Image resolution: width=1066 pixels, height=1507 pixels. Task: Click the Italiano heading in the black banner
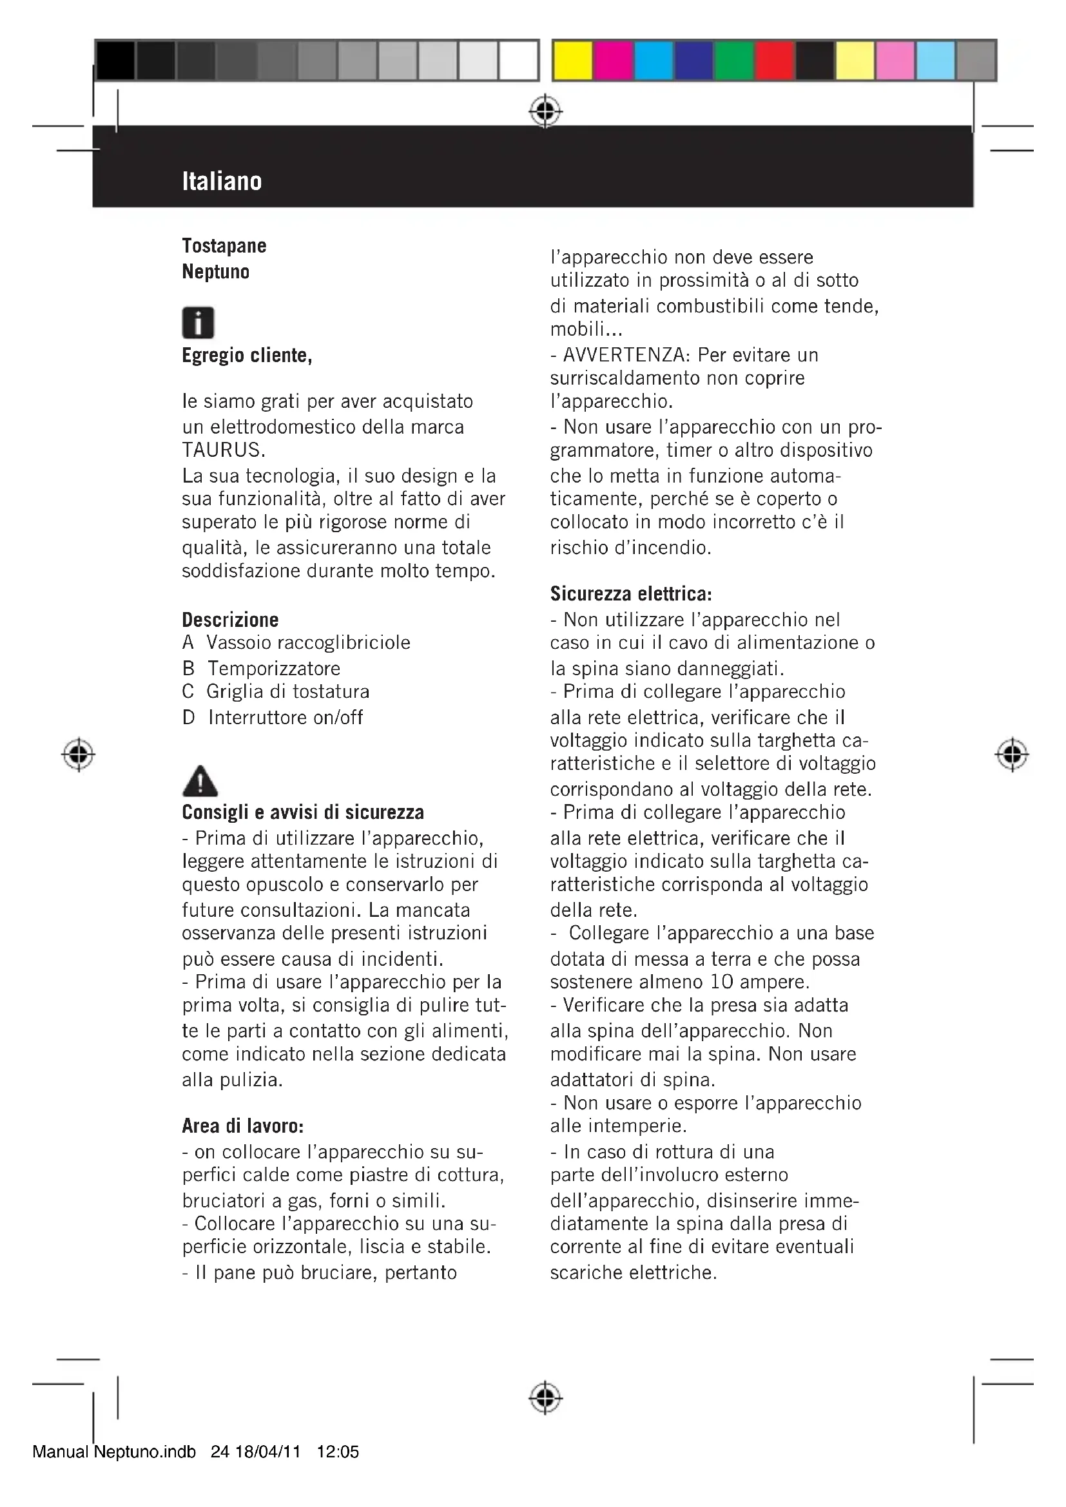tap(222, 181)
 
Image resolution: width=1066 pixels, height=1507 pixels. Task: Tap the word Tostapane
tap(224, 246)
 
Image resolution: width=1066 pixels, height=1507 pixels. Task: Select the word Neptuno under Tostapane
tap(215, 272)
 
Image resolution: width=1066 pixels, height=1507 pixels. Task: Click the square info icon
tap(198, 323)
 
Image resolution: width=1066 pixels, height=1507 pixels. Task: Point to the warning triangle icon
tap(200, 781)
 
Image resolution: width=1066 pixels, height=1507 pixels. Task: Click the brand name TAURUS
tap(222, 450)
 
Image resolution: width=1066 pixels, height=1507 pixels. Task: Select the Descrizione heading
tap(229, 620)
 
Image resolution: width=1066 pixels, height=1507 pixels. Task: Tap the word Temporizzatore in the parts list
tap(274, 669)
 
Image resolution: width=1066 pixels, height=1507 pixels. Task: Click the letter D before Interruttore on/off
tap(188, 717)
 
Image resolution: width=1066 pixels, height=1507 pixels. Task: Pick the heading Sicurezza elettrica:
tap(631, 594)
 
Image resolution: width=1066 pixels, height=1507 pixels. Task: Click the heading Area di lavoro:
tap(242, 1126)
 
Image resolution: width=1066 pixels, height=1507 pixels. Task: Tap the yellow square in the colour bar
tap(572, 61)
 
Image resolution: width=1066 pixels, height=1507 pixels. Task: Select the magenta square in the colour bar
tap(612, 61)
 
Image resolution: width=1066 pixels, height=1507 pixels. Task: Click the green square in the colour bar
tap(734, 61)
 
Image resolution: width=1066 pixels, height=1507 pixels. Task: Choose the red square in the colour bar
tap(775, 61)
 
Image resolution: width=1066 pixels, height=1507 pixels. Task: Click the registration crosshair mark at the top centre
tap(545, 111)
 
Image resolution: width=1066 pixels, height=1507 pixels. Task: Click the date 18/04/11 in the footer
tap(267, 1452)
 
